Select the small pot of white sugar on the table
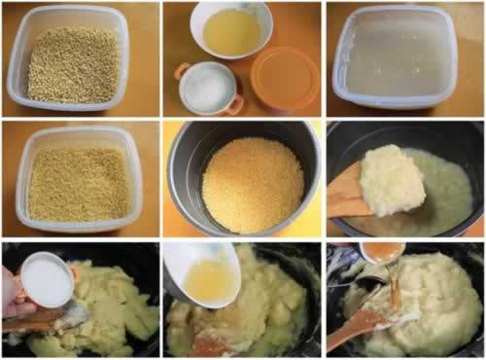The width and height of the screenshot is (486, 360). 207,90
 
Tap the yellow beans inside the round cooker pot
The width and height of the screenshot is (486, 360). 253,185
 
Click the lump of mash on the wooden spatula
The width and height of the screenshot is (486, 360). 391,180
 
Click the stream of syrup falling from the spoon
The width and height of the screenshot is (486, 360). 394,282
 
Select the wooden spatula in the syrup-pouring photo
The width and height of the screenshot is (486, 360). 355,326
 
